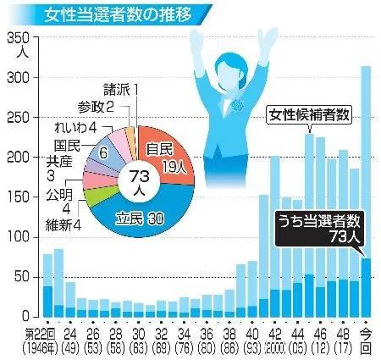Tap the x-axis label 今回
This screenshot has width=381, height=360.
click(366, 339)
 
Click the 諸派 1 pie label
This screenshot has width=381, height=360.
click(119, 88)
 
